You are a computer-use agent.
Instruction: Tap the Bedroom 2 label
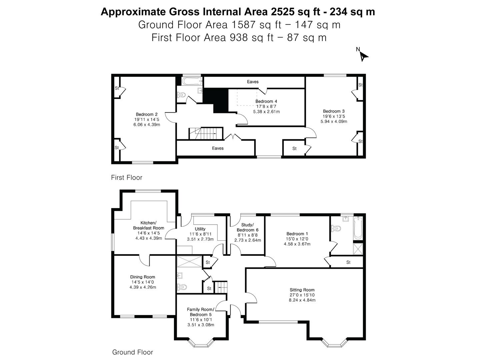click(x=147, y=114)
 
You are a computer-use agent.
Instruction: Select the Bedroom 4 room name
click(x=266, y=101)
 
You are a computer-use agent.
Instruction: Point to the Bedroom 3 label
click(x=334, y=111)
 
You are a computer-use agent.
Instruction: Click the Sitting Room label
click(x=302, y=290)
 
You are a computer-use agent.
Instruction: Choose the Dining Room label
click(x=143, y=277)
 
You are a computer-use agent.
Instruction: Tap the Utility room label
click(x=200, y=229)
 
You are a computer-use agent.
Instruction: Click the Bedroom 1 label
click(x=297, y=234)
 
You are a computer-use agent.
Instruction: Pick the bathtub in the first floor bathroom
click(x=192, y=81)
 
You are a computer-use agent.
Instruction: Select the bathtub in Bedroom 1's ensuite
click(x=358, y=228)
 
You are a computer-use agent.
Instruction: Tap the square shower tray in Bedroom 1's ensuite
click(x=358, y=249)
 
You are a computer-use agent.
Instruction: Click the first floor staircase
click(x=206, y=133)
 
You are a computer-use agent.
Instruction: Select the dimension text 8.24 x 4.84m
click(x=302, y=300)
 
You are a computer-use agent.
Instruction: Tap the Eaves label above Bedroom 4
click(x=253, y=82)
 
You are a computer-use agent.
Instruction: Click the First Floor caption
click(x=127, y=177)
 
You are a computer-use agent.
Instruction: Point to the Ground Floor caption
click(x=133, y=352)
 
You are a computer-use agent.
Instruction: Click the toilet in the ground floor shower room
click(x=182, y=287)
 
